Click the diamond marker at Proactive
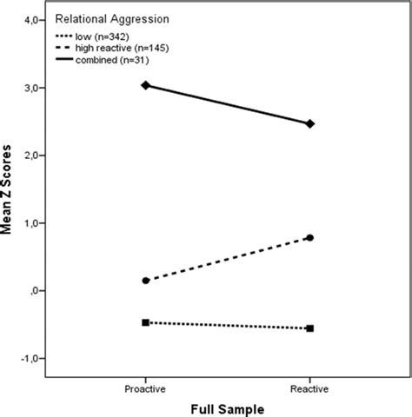click(x=145, y=85)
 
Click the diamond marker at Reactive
click(x=310, y=123)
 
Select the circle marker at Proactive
click(x=145, y=281)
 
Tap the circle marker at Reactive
click(x=310, y=237)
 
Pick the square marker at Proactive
click(x=145, y=322)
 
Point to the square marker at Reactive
click(x=310, y=328)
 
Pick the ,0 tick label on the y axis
click(x=34, y=291)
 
